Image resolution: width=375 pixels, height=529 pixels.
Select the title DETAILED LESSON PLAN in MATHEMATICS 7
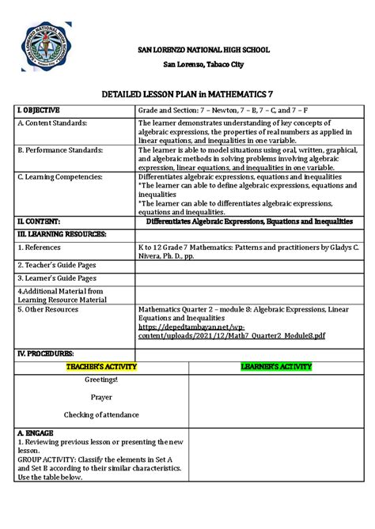187,93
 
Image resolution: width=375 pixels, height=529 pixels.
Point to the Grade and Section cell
224,110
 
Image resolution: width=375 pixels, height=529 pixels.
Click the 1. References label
44,247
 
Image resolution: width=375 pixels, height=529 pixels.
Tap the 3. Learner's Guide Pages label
57,278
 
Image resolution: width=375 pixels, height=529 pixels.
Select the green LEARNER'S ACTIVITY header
276,366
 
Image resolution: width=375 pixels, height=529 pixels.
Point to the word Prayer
101,397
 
